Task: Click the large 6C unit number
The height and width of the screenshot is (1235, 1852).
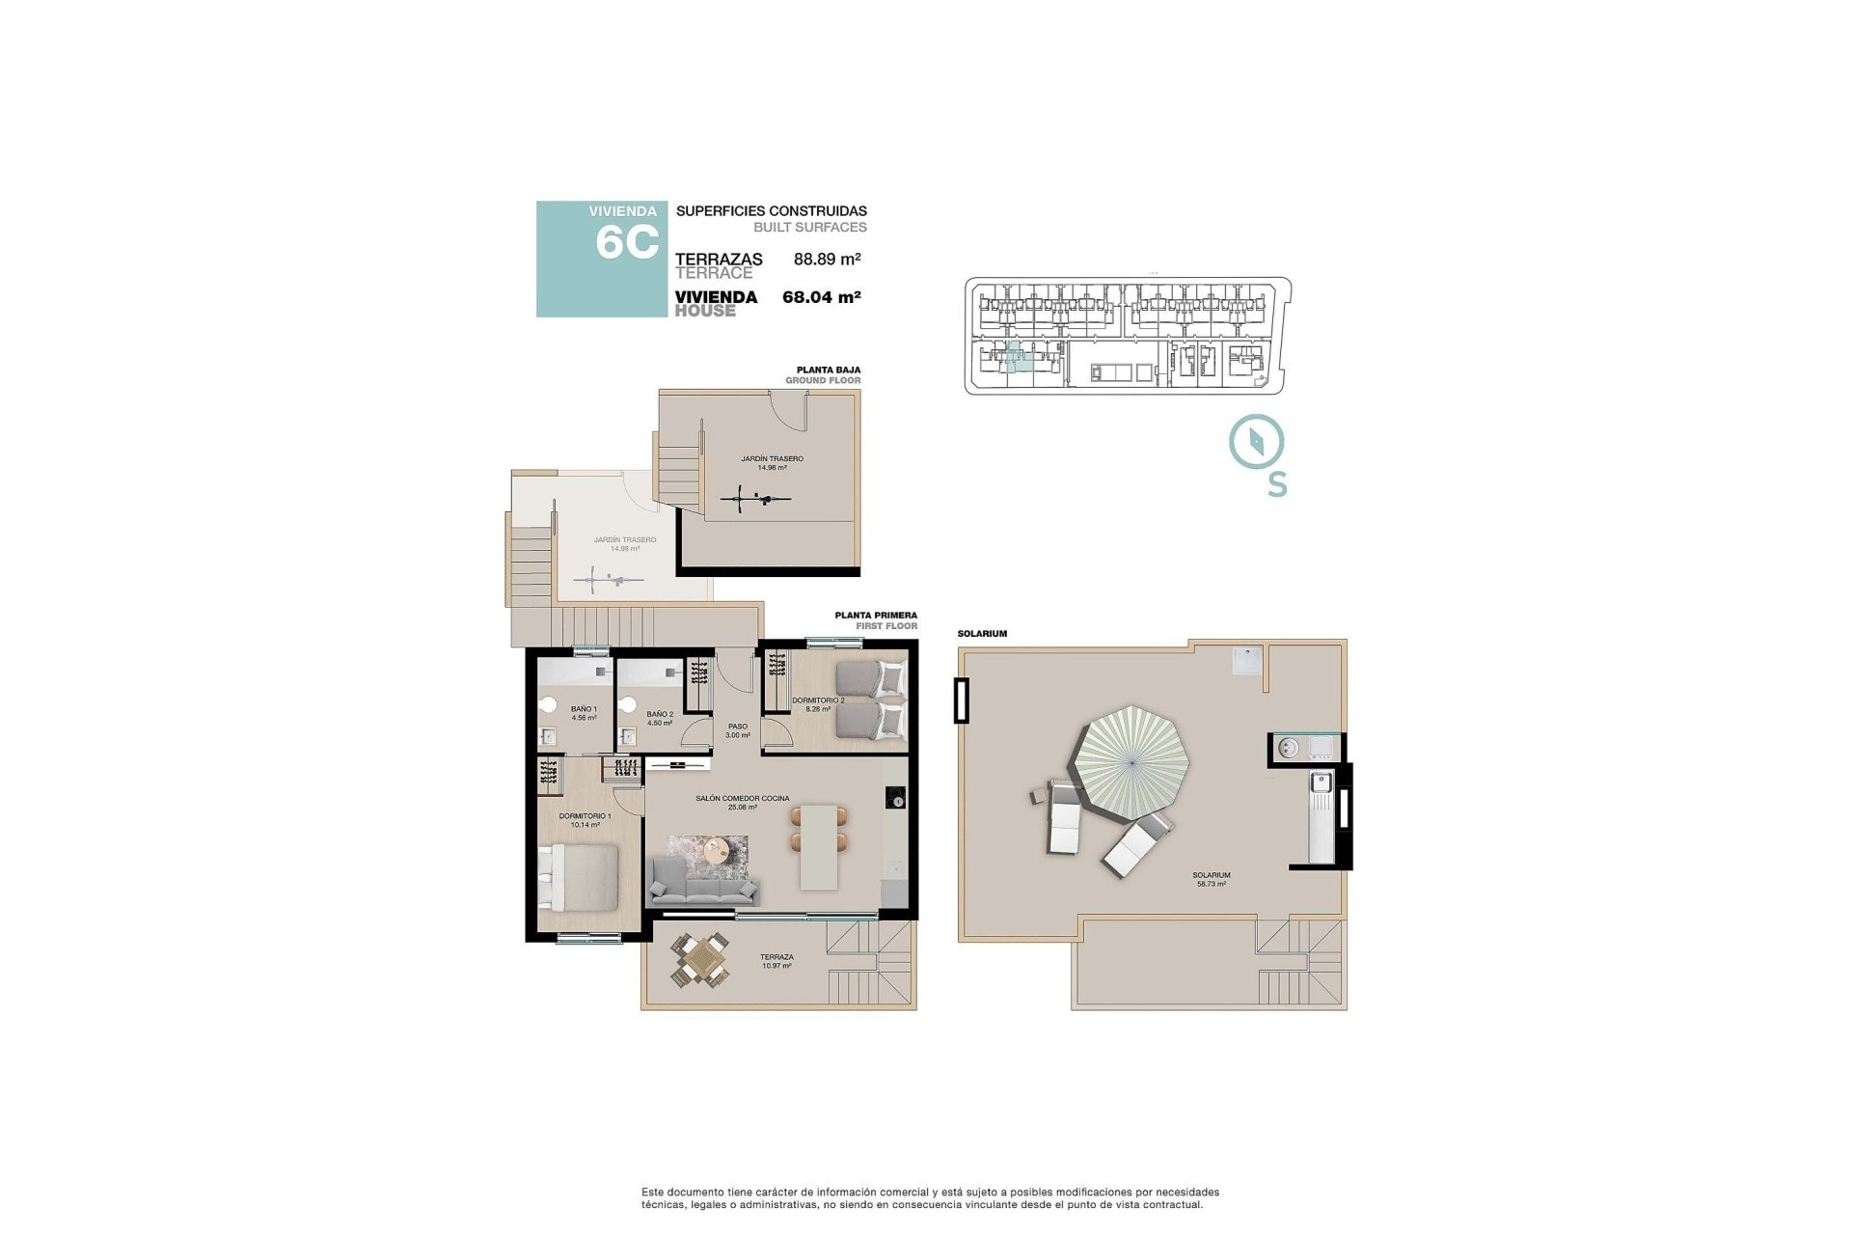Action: [627, 242]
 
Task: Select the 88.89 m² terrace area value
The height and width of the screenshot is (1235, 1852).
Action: [827, 259]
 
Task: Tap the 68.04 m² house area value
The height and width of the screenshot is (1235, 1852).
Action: [821, 297]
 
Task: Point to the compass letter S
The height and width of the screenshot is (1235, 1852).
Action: [1277, 484]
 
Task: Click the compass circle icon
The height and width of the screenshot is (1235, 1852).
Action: [1256, 442]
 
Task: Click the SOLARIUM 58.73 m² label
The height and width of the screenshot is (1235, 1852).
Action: [1212, 879]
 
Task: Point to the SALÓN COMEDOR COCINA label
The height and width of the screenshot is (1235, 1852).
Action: [743, 802]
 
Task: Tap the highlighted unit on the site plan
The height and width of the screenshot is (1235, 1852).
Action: [1015, 358]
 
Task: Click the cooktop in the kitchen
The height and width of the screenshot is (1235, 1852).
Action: [896, 798]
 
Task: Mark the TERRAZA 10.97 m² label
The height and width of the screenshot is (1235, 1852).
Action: [776, 961]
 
